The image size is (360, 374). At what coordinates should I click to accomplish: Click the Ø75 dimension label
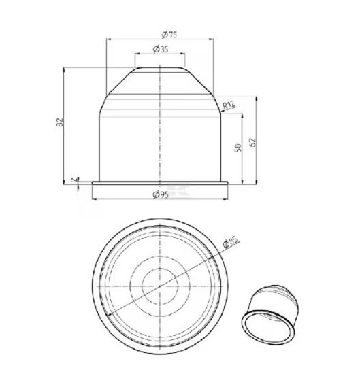pyautogui.click(x=169, y=35)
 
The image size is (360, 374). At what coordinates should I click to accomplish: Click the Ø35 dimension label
pyautogui.click(x=161, y=49)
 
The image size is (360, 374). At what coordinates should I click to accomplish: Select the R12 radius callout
pyautogui.click(x=229, y=105)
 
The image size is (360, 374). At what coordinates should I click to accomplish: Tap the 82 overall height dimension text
pyautogui.click(x=60, y=122)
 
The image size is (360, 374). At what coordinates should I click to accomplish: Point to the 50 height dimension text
pyautogui.click(x=238, y=148)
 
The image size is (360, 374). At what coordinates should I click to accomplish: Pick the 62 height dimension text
pyautogui.click(x=252, y=142)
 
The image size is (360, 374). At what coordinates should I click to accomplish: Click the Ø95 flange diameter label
pyautogui.click(x=161, y=194)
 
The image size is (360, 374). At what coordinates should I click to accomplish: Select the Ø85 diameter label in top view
pyautogui.click(x=231, y=242)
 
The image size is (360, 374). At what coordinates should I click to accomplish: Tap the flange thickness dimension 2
pyautogui.click(x=75, y=180)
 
